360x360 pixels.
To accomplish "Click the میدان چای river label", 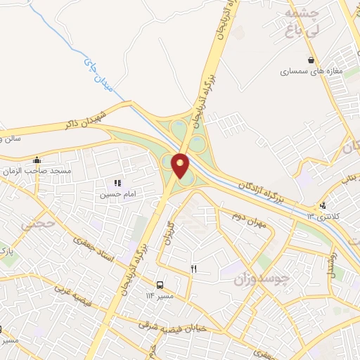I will point(98,75).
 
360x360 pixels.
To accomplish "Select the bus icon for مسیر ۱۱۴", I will point(161,285).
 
